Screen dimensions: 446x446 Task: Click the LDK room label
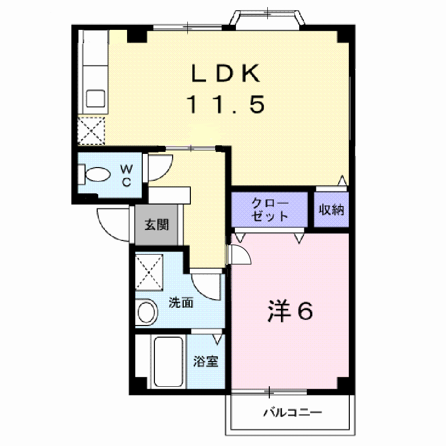[x=226, y=73]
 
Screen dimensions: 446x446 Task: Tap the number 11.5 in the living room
[x=226, y=104]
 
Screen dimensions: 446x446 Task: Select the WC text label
[x=126, y=176]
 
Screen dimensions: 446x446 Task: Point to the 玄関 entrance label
[x=157, y=225]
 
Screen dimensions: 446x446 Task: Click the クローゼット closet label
[x=270, y=210]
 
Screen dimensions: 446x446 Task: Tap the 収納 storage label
[x=332, y=210]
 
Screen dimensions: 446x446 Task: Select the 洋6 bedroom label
[x=290, y=311]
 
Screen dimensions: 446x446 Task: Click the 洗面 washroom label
[x=181, y=302]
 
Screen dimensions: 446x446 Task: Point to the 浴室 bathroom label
[x=206, y=361]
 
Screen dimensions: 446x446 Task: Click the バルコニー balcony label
[x=293, y=413]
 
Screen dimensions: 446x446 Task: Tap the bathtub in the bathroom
[x=168, y=361]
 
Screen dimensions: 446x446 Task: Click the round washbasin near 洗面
[x=146, y=312]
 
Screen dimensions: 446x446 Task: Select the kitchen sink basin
[x=96, y=98]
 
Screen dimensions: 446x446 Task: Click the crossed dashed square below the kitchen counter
[x=91, y=131]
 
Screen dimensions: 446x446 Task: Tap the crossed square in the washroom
[x=149, y=272]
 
